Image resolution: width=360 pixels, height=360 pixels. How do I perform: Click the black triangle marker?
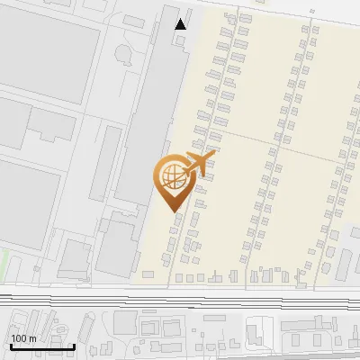(181, 24)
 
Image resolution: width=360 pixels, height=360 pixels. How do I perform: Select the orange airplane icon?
(198, 164)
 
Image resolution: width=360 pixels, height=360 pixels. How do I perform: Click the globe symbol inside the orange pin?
(172, 175)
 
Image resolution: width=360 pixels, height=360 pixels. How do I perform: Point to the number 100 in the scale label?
(19, 338)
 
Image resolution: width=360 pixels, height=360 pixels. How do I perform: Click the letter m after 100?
(31, 338)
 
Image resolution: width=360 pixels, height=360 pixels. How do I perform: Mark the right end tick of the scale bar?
(75, 345)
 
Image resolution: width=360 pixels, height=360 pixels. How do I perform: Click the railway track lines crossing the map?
(180, 296)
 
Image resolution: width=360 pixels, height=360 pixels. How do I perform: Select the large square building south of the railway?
(125, 321)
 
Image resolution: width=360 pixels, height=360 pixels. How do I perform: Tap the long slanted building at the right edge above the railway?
(345, 264)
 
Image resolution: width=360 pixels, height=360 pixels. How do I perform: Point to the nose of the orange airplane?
(212, 155)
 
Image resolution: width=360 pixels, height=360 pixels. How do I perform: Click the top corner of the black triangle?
(181, 19)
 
